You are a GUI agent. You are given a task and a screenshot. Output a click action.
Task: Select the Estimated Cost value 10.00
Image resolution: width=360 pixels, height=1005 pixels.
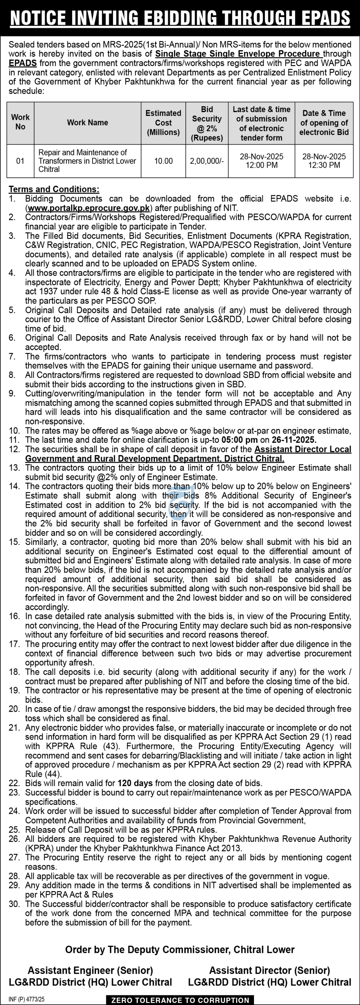(163, 161)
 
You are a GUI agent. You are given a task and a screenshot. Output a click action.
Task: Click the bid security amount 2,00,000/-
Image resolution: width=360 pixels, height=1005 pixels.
(207, 161)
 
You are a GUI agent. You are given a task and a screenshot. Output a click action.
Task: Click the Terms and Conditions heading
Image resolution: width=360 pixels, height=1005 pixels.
(54, 189)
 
